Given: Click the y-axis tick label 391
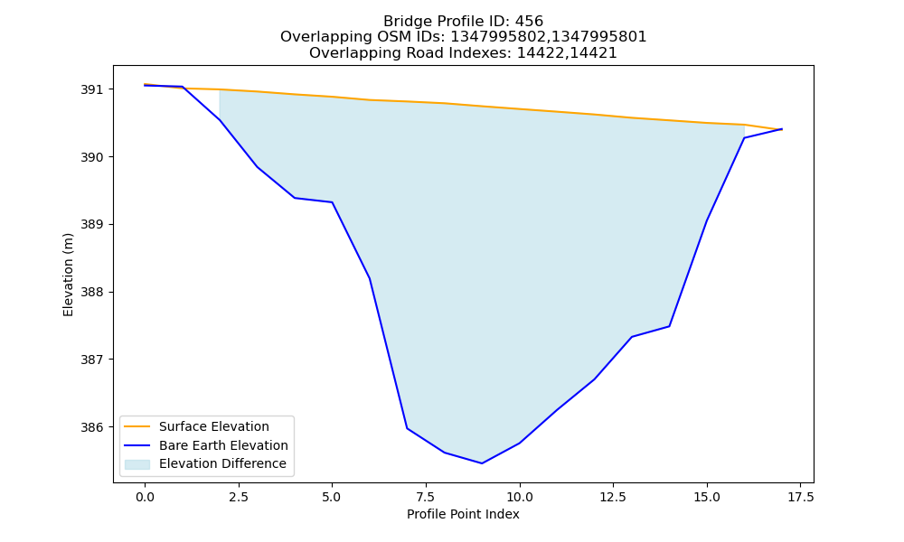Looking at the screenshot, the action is coord(91,89).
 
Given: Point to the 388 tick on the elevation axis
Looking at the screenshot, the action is coord(91,292).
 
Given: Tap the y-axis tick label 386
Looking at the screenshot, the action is coord(91,427).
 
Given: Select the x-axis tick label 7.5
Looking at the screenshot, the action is coord(426,497).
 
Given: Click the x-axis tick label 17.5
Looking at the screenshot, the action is coord(800,497).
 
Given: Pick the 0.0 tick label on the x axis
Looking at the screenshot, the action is coord(145,497).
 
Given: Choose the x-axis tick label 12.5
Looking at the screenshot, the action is coord(613,497).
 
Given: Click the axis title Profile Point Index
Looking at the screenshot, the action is coord(463,514).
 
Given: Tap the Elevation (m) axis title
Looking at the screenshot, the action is coord(68,275).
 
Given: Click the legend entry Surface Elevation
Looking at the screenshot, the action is coord(214,426).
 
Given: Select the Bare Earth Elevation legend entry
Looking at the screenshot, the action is coord(223,445).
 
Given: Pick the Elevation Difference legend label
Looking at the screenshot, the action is coord(222,463).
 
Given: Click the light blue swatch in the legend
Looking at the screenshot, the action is coord(137,464).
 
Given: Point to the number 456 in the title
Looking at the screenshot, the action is coord(529,22).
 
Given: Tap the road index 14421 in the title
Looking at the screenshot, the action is coord(594,53).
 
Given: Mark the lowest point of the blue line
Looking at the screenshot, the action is coord(482,463).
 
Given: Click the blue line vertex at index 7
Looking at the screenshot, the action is coord(407,428).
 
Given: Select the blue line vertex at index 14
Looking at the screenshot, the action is coord(669,326).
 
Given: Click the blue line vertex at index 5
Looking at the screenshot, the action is coord(332,202).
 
